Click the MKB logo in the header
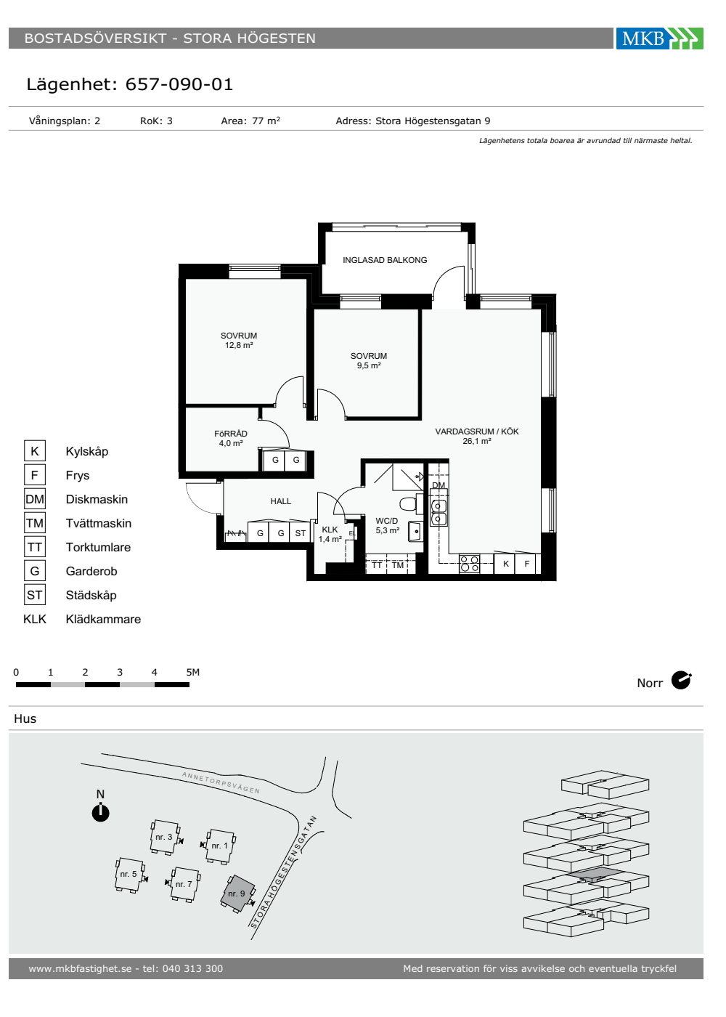(659, 38)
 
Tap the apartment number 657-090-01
(179, 84)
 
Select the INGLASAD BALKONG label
(385, 260)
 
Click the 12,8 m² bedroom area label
(239, 345)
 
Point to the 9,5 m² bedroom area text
(369, 365)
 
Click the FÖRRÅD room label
(231, 434)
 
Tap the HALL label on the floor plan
(280, 501)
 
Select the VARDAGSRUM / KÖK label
(477, 431)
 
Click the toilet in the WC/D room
(408, 503)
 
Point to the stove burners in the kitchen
(469, 564)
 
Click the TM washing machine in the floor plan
(398, 565)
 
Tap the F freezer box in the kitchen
(526, 564)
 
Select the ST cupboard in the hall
(300, 532)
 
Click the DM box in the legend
(35, 499)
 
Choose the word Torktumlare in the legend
(98, 547)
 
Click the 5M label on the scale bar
(193, 672)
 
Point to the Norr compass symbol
(681, 681)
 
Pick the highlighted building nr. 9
(237, 893)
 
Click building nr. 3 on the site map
(164, 837)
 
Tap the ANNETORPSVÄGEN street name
(221, 782)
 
